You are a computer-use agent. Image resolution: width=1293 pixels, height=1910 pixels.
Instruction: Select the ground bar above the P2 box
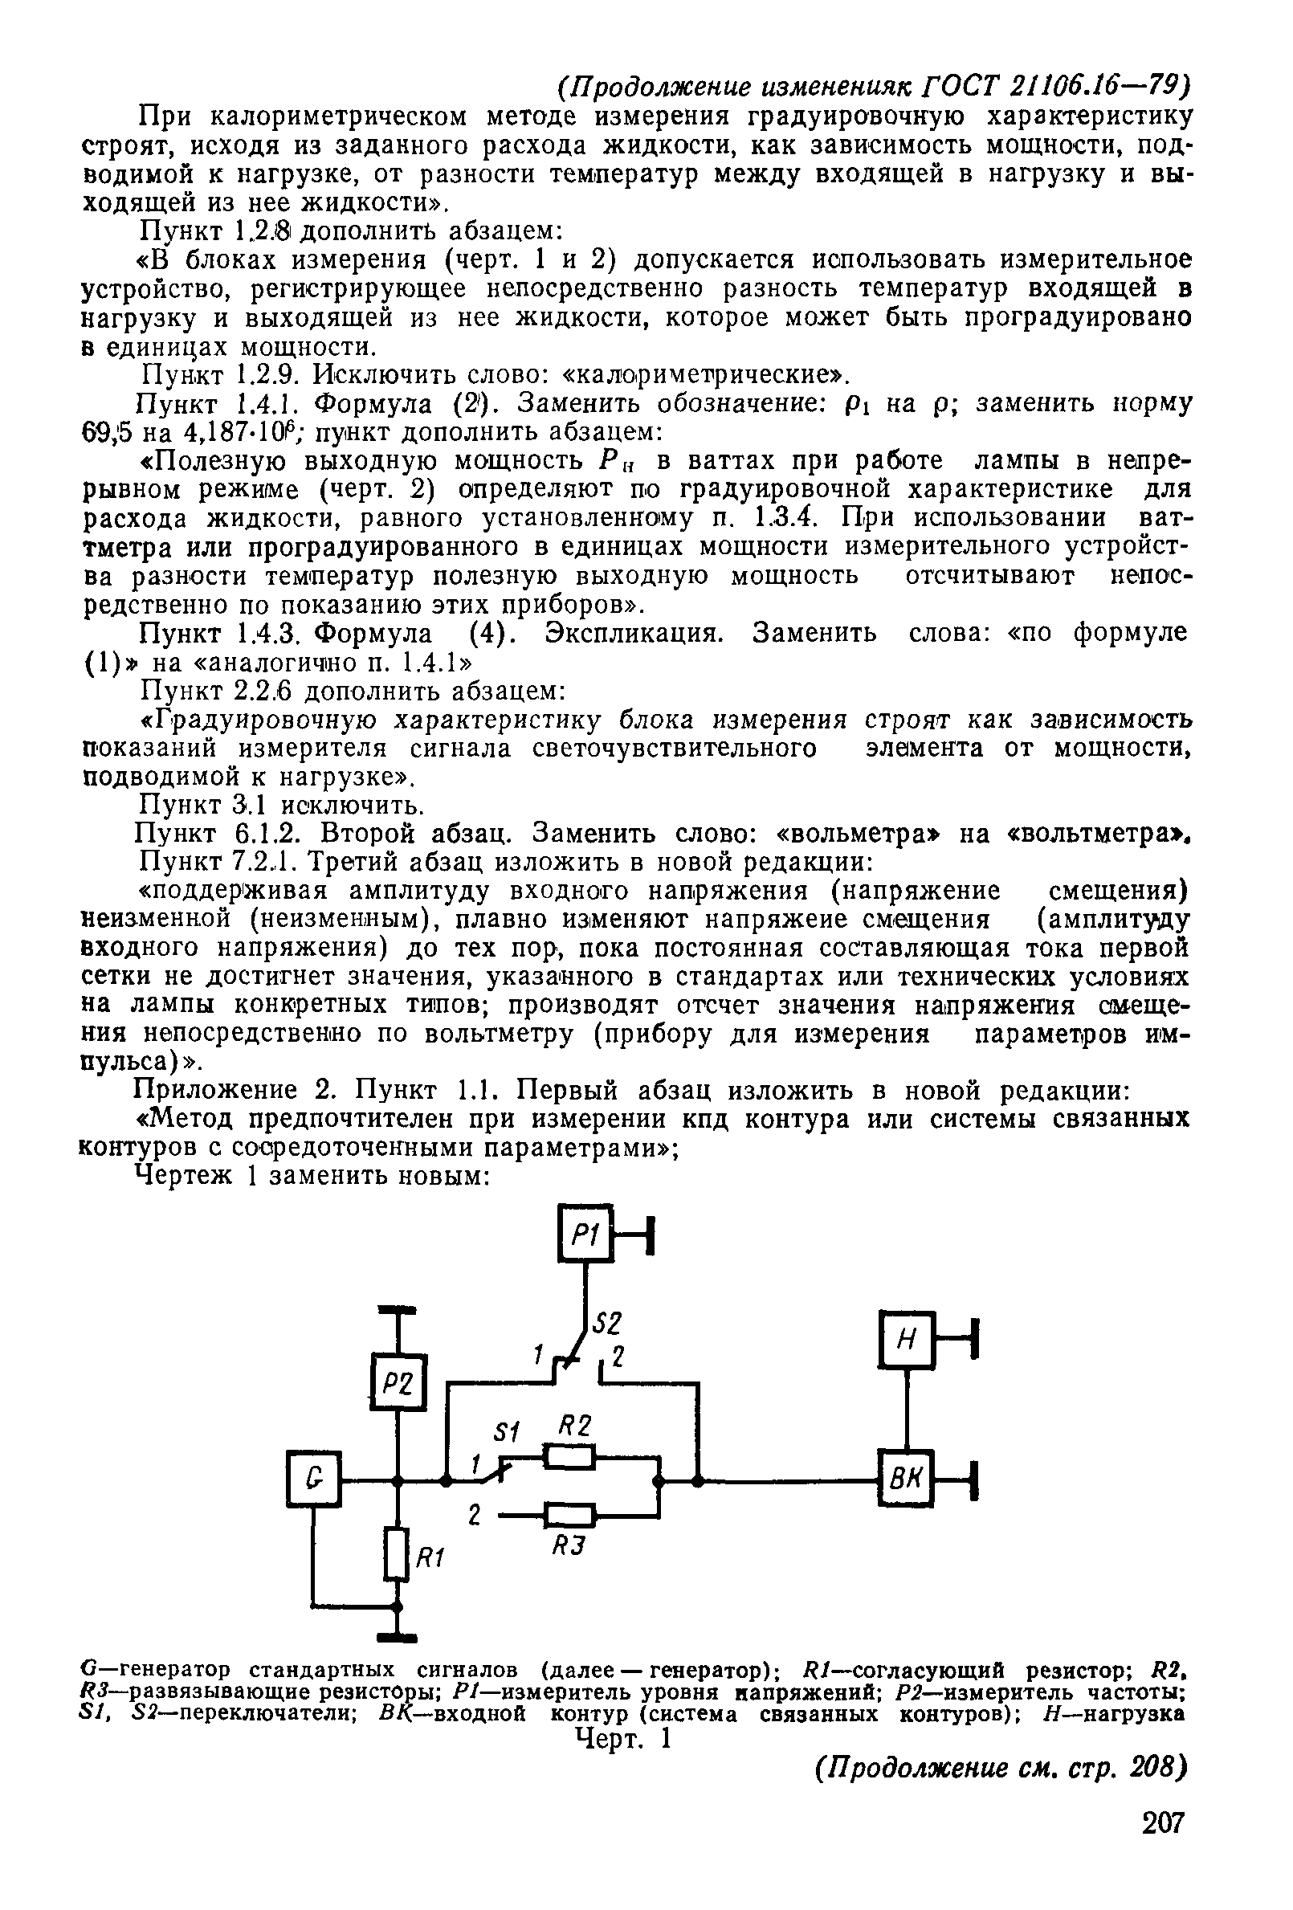coord(396,1309)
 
